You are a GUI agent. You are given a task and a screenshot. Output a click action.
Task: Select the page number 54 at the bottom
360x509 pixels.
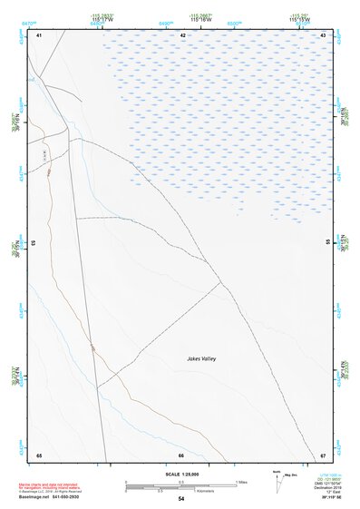pyautogui.click(x=181, y=499)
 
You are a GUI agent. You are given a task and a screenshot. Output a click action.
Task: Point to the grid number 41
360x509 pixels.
pyautogui.click(x=38, y=34)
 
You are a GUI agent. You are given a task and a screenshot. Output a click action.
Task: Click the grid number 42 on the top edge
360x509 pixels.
pyautogui.click(x=183, y=34)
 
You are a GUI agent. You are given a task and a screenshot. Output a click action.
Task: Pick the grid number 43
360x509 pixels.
pyautogui.click(x=324, y=34)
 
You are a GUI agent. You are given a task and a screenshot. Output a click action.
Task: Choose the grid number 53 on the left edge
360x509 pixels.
pyautogui.click(x=34, y=243)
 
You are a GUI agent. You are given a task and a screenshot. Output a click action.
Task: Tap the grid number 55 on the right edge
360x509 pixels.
pyautogui.click(x=327, y=242)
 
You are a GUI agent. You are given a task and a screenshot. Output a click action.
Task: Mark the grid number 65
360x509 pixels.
pyautogui.click(x=38, y=455)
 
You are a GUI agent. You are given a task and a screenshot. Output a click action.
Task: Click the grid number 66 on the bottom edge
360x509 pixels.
pyautogui.click(x=181, y=455)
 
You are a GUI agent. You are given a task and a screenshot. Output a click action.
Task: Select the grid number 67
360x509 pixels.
pyautogui.click(x=324, y=455)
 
